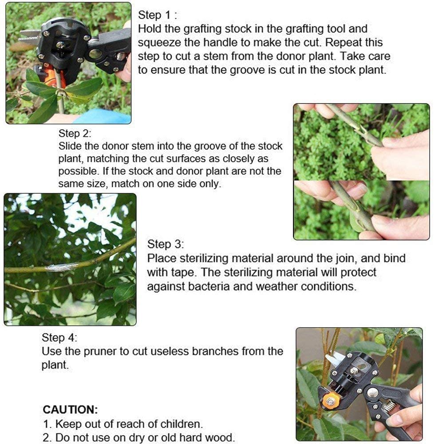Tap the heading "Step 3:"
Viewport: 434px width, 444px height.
point(166,244)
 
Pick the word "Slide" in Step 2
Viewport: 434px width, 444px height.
point(70,146)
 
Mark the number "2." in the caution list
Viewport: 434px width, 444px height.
point(47,437)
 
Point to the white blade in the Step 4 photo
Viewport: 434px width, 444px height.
point(334,360)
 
